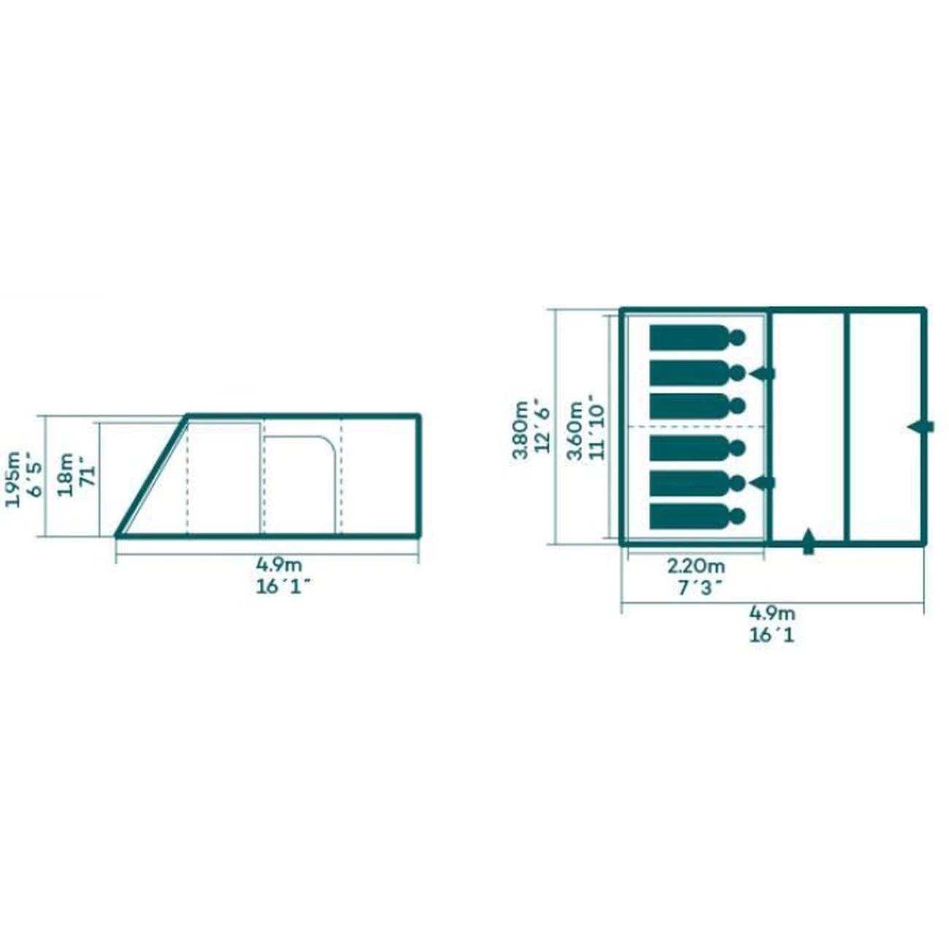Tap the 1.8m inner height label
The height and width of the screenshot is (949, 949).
click(x=65, y=474)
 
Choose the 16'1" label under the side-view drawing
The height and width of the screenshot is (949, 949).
click(x=283, y=586)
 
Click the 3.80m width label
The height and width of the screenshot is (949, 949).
click(x=520, y=429)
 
